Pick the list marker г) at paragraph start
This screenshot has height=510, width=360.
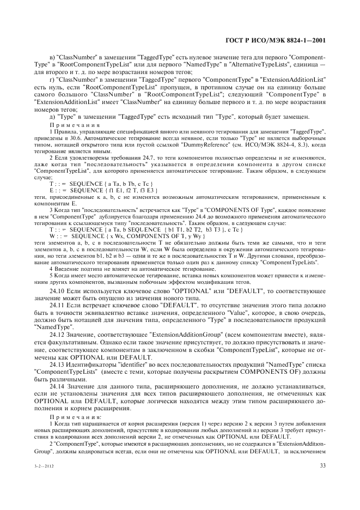tap(52, 79)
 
